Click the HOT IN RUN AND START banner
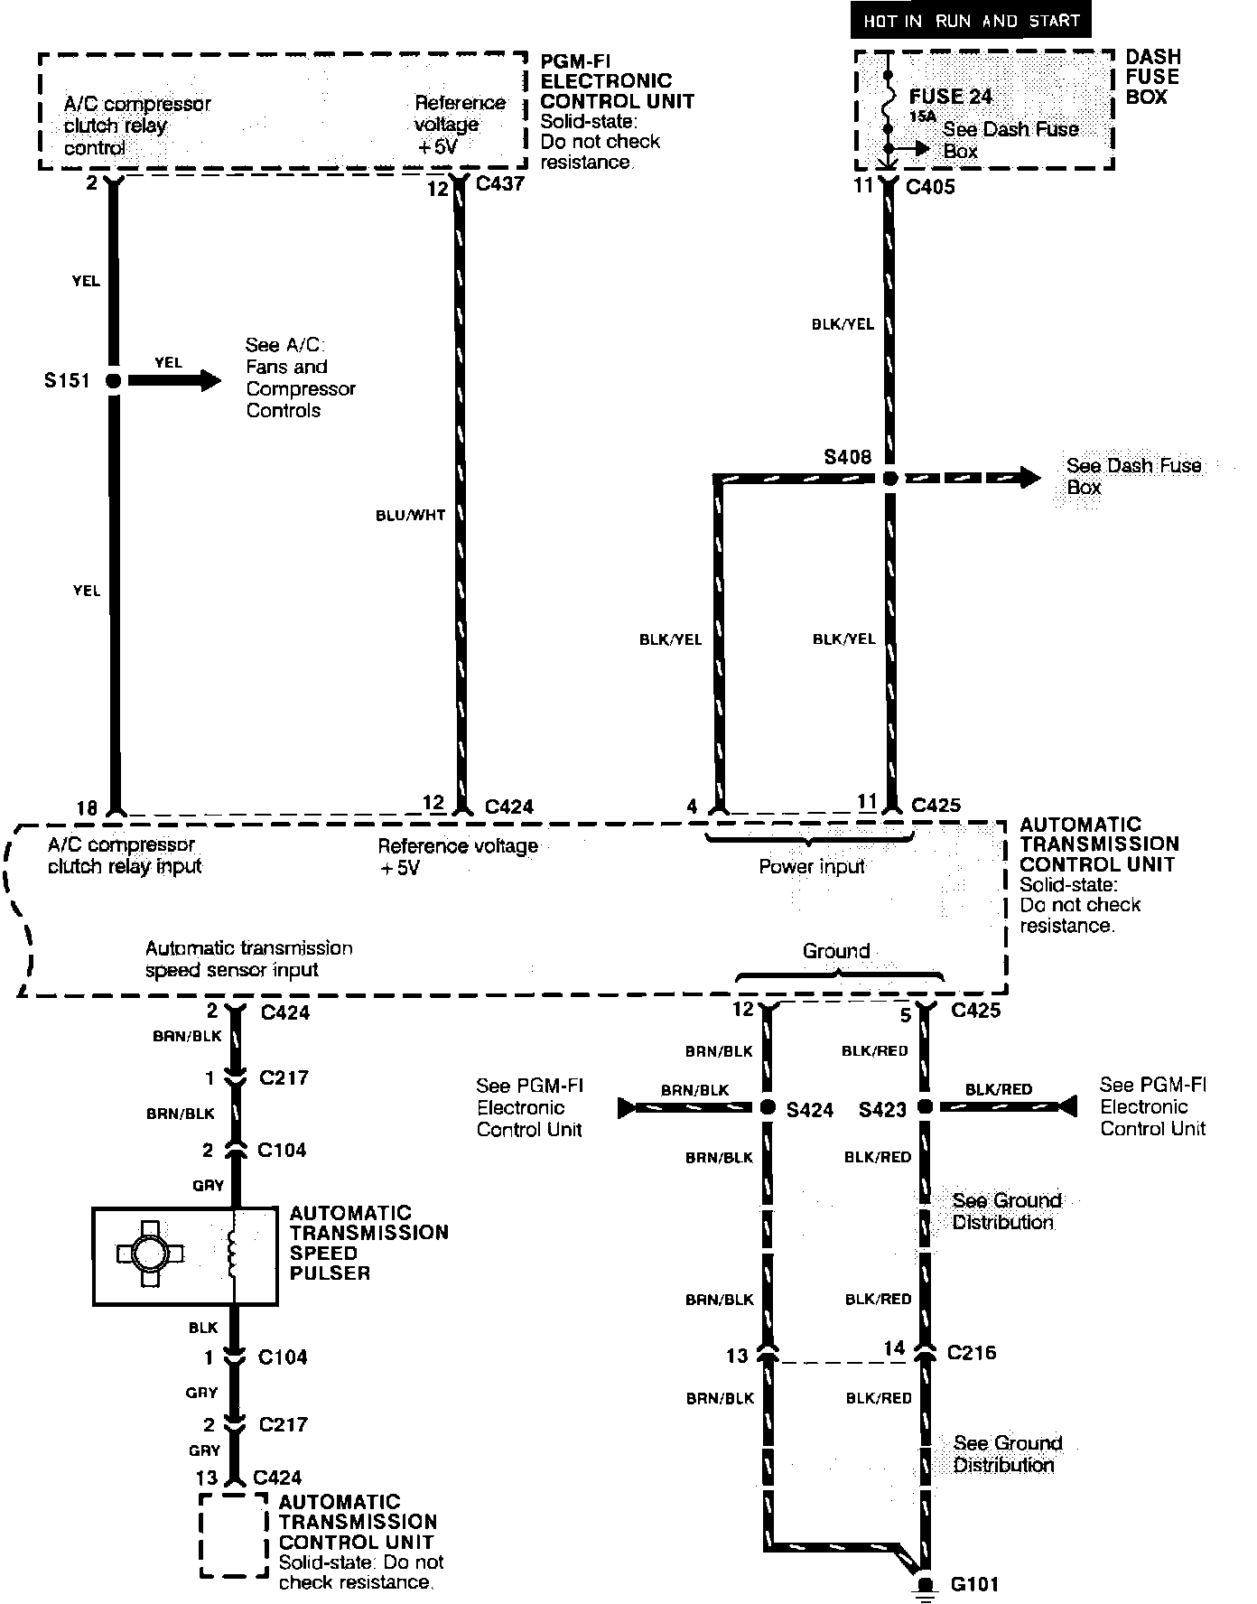971,20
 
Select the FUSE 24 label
950,97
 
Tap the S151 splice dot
113,381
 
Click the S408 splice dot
890,479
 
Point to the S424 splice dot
768,1107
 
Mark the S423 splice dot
925,1106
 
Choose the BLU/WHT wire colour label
411,516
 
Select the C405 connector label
930,187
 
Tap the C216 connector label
972,1353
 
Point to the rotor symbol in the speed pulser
150,1254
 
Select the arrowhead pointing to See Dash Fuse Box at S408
1029,478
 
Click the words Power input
811,867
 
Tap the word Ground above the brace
836,951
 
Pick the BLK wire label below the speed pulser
203,1327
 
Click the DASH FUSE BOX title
1152,77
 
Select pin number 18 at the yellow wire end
87,807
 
